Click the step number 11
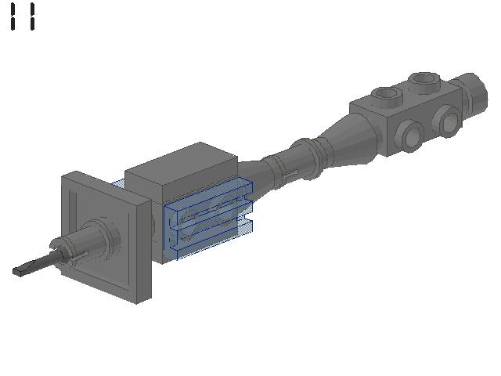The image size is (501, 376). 23,16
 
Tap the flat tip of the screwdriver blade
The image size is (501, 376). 20,272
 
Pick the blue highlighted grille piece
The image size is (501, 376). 207,219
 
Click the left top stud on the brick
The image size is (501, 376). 385,96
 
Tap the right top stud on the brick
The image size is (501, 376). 424,81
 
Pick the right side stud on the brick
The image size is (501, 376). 448,120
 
